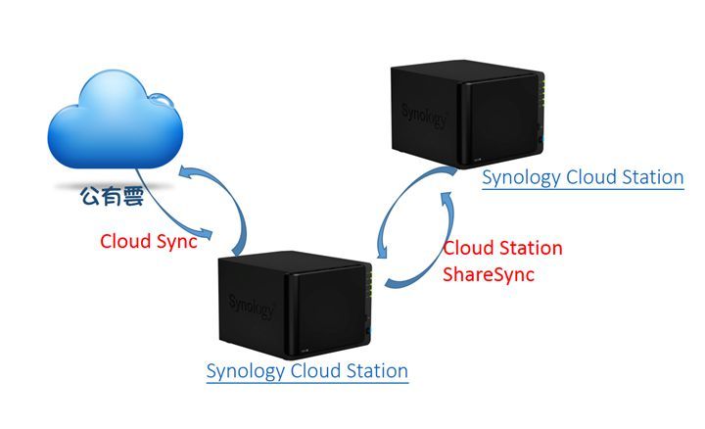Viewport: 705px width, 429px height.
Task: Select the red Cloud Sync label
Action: point(150,242)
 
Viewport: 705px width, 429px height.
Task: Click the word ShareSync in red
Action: point(490,274)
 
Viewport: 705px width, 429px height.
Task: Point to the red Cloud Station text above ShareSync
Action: point(502,248)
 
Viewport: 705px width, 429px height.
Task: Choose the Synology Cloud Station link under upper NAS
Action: point(583,177)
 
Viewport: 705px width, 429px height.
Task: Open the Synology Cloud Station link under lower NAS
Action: point(307,371)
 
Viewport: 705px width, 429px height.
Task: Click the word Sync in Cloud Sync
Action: point(177,242)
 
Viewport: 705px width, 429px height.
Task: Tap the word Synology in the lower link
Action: point(245,371)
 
